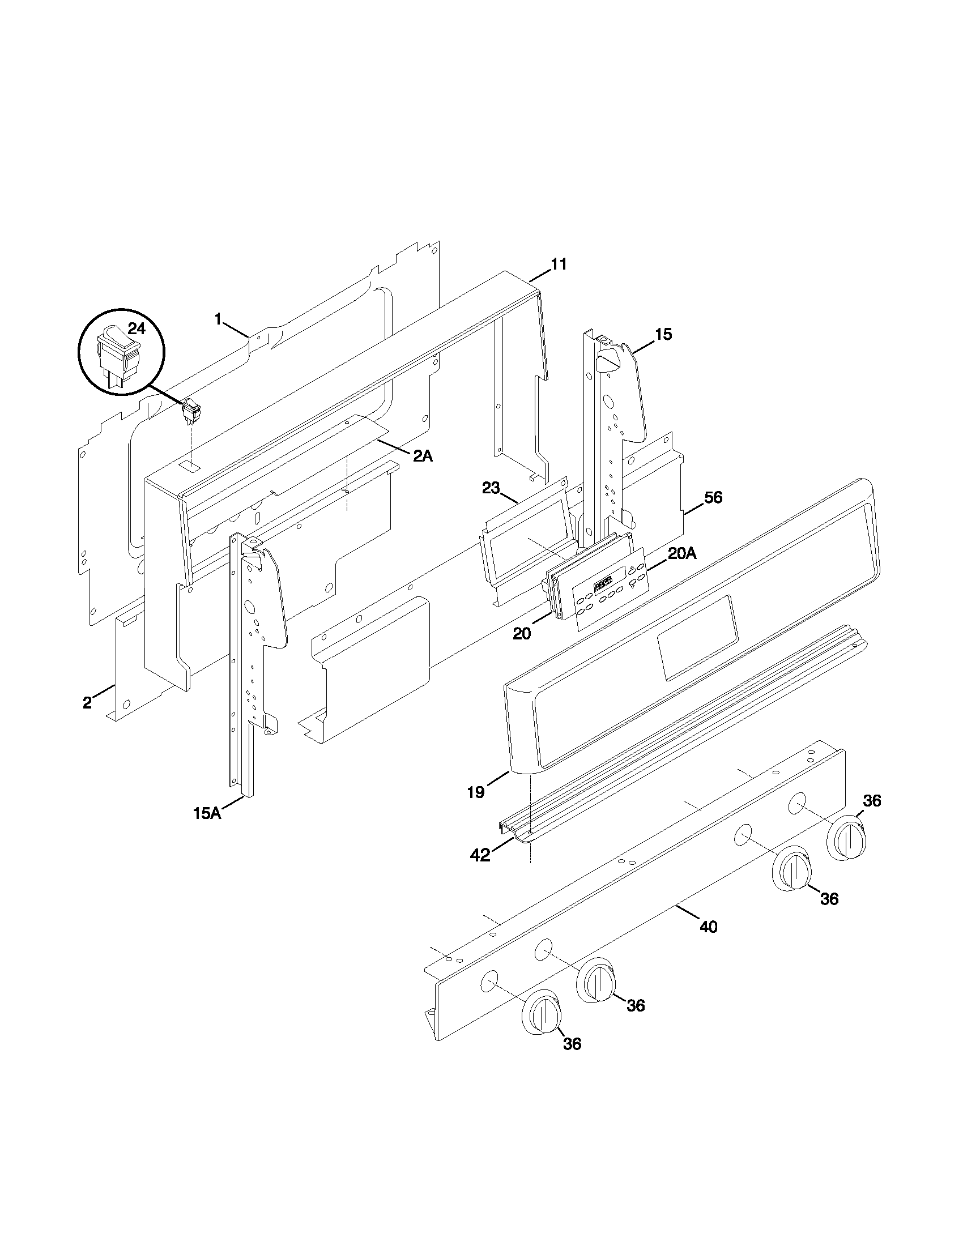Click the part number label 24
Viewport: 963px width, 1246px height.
137,328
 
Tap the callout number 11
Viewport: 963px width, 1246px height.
559,264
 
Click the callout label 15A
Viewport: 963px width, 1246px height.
207,813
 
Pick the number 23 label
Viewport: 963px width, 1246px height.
491,488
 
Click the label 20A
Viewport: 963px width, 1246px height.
683,553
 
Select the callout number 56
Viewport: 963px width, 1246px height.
713,497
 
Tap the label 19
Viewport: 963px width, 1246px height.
476,792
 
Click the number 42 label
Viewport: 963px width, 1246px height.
480,871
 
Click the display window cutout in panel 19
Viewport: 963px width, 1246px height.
697,638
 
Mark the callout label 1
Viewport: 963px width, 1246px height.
218,319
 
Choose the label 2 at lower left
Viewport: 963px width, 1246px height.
87,703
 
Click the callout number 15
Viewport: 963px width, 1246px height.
663,334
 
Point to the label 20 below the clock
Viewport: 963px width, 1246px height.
521,633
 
